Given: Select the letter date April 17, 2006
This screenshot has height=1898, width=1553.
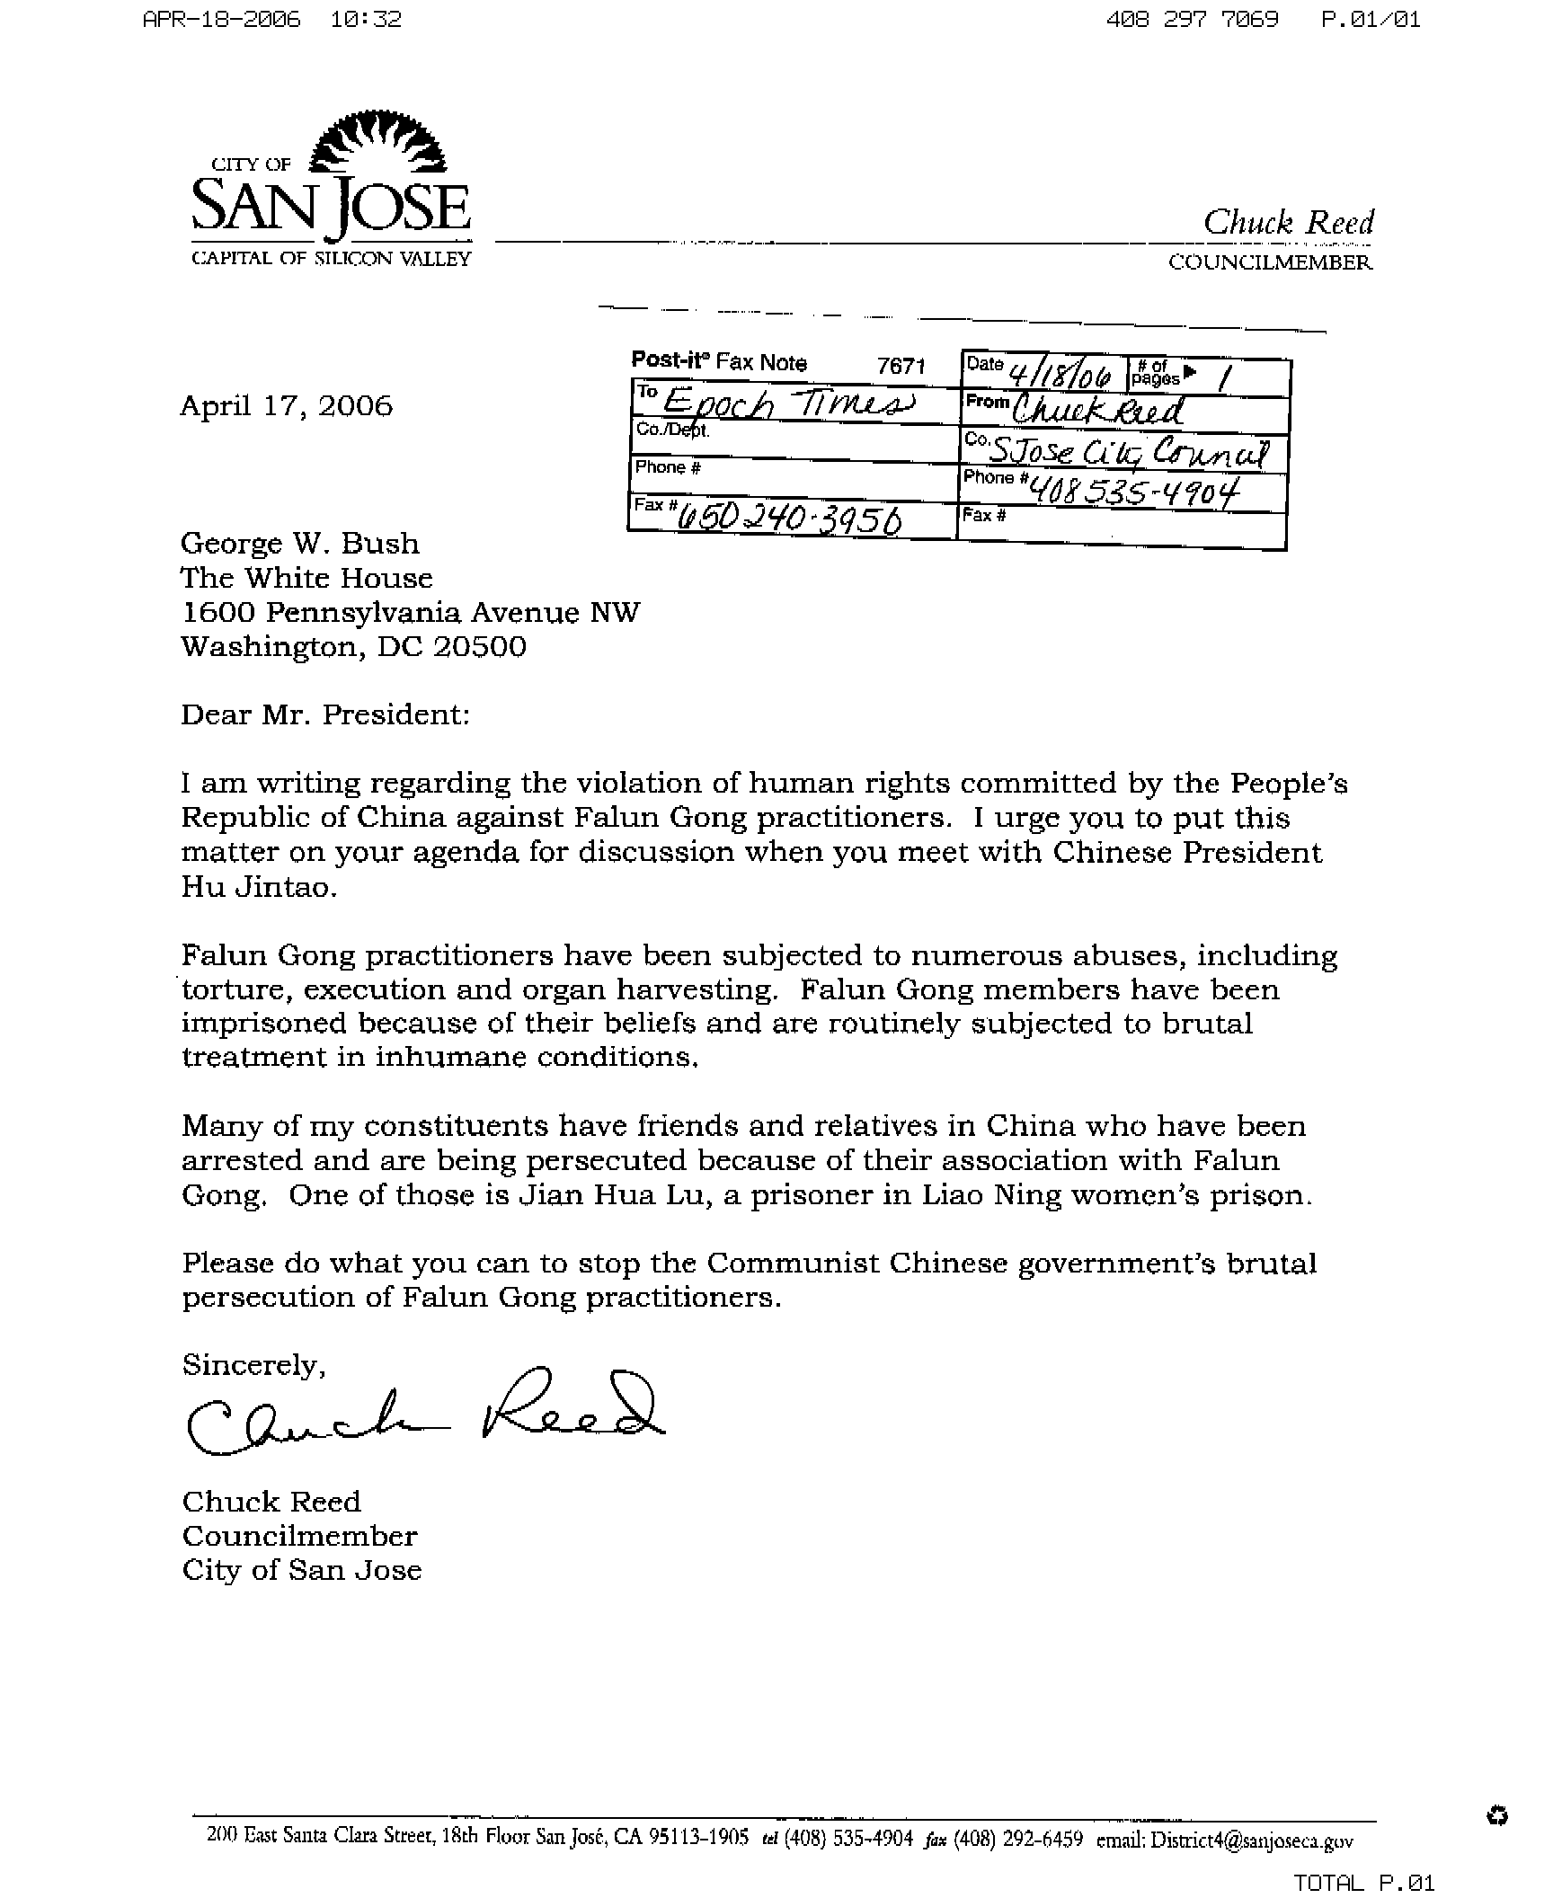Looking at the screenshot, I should (286, 406).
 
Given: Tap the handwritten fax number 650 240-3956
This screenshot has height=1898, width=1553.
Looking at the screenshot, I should (790, 519).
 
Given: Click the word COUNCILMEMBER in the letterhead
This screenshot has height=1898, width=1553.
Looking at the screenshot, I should (1270, 262).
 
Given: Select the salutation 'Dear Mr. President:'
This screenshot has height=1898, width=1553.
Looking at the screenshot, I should (325, 714).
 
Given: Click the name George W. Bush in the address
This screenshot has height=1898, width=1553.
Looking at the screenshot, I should (300, 544).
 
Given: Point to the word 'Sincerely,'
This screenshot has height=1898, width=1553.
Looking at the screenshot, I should (253, 1366).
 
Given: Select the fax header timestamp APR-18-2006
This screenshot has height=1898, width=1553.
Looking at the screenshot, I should (222, 19).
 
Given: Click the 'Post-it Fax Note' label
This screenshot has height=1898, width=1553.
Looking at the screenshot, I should (719, 361).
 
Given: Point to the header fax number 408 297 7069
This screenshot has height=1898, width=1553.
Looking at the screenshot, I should (1192, 19).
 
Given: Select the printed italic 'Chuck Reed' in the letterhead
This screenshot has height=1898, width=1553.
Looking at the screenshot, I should (1288, 223).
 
